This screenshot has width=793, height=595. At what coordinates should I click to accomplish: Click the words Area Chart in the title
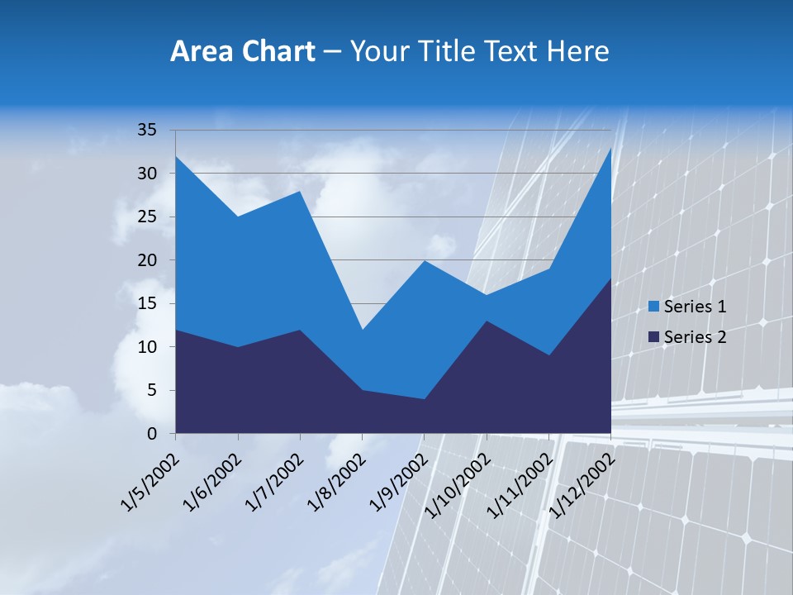pos(242,52)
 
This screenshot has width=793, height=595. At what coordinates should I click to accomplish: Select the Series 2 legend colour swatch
pos(653,337)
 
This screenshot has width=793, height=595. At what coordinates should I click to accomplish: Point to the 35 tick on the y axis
pos(147,130)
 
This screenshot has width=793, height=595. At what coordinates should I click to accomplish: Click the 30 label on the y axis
pos(147,174)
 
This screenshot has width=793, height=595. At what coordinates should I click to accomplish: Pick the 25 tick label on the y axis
pos(147,217)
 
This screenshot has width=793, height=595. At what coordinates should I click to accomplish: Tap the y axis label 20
pos(147,260)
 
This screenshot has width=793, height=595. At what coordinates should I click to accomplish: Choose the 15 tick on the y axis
pos(147,303)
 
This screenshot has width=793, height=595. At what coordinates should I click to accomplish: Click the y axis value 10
pos(147,347)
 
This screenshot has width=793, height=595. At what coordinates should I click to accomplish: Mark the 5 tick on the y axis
pos(151,390)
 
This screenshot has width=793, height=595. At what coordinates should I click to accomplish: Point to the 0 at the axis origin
pos(151,434)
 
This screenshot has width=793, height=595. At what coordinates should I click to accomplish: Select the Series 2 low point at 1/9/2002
pos(424,399)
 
